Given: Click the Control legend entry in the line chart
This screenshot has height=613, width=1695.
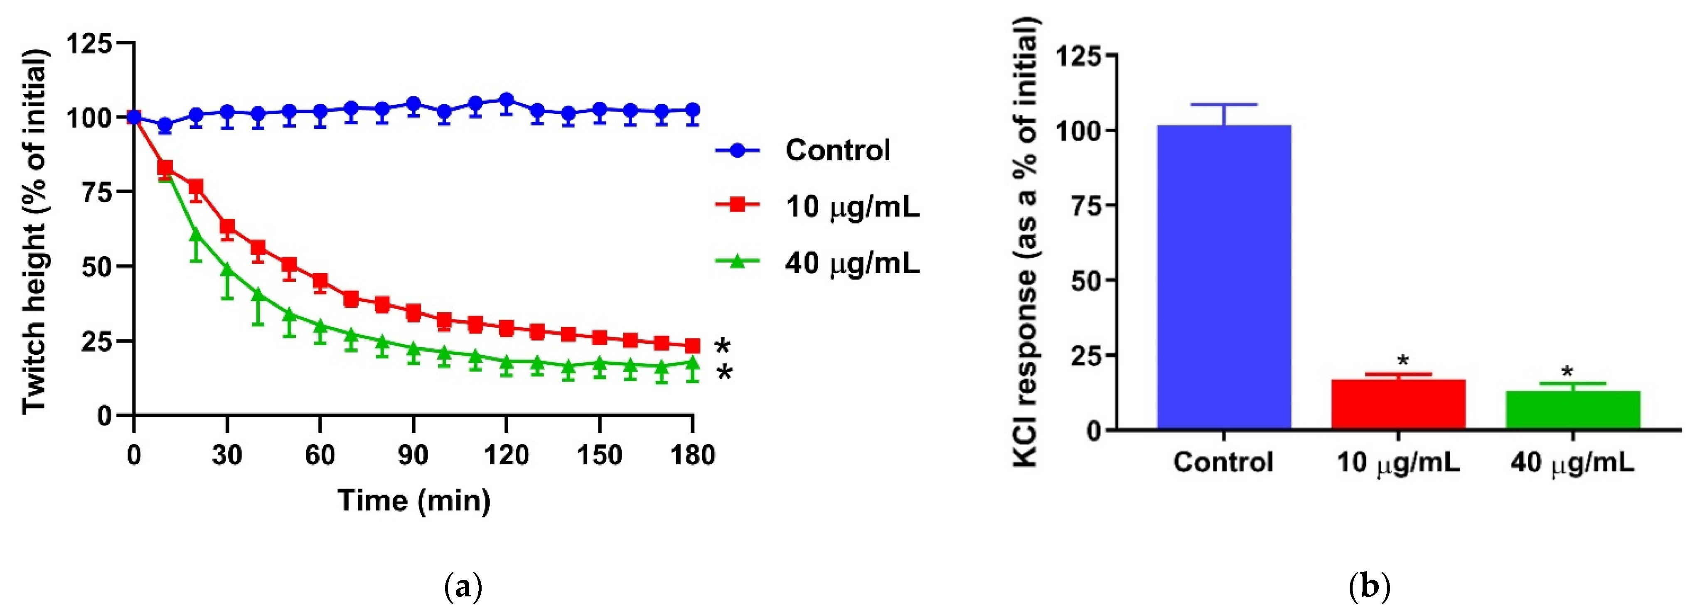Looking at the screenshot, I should point(837,151).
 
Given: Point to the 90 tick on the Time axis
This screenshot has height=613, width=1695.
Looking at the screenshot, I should point(413,455).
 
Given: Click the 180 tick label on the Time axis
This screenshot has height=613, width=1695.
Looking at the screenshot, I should point(692,455).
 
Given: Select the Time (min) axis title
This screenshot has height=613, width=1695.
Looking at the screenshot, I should point(414,500).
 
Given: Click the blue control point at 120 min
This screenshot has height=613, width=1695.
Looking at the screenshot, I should point(506,101).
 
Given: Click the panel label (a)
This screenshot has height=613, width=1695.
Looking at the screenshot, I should point(464,585).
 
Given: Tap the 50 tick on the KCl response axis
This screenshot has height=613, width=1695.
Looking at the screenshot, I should point(1086,281).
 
